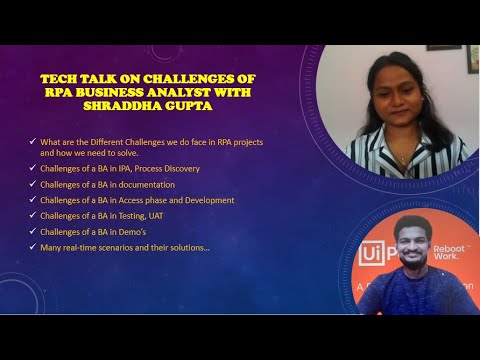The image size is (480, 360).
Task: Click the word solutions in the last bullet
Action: pos(185,246)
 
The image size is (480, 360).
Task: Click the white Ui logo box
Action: pos(372,254)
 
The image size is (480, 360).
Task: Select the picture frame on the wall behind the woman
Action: pos(443,47)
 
